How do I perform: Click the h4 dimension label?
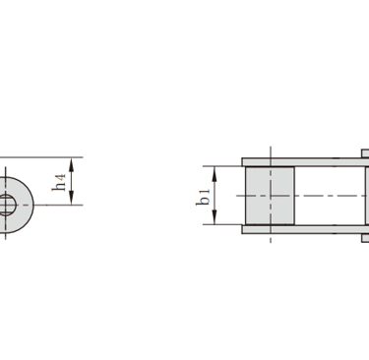click(x=59, y=183)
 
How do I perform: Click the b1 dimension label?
click(x=203, y=197)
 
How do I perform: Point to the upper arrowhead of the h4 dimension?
click(x=71, y=164)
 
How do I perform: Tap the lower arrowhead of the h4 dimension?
click(x=71, y=199)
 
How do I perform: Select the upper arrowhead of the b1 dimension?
click(x=215, y=173)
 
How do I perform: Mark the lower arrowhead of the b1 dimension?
click(x=215, y=217)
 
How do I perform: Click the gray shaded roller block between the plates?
click(x=270, y=196)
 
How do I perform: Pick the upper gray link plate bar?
click(x=305, y=162)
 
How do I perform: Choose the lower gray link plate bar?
click(x=305, y=229)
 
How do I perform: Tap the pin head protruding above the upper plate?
click(x=365, y=153)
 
